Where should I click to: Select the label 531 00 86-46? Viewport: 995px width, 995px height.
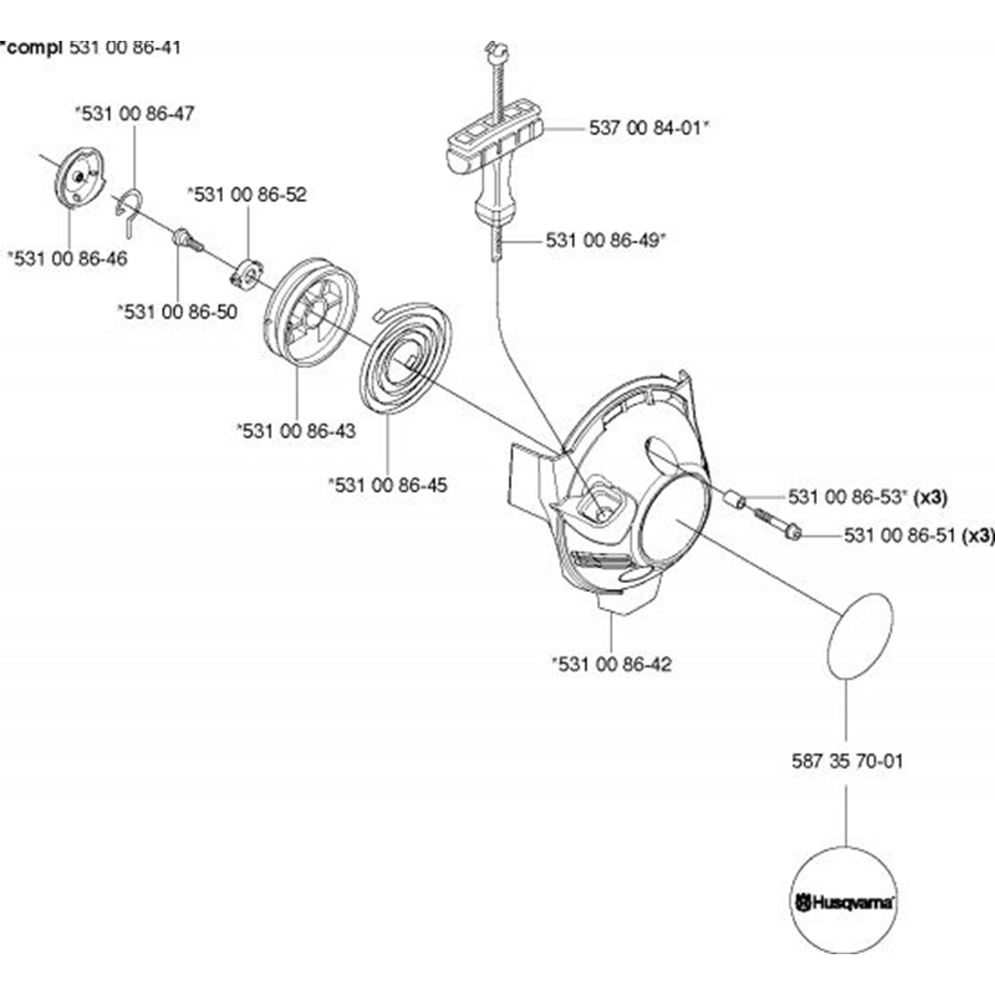click(x=67, y=258)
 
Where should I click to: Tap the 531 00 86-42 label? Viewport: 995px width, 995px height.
click(x=611, y=663)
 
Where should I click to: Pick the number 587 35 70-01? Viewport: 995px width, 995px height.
click(x=846, y=762)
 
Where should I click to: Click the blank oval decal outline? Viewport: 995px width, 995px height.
click(x=860, y=635)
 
